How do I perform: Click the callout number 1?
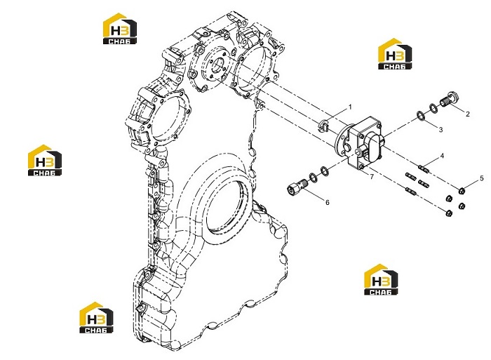(x=350, y=107)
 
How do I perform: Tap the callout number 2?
(x=468, y=114)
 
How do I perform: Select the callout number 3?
(x=440, y=129)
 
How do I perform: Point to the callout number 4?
(x=442, y=155)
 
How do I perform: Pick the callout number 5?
(x=482, y=178)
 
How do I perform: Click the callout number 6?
(x=328, y=202)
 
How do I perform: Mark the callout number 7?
(x=372, y=177)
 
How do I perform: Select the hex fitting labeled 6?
(x=296, y=187)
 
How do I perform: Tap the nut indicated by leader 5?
(x=462, y=190)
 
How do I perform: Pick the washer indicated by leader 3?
(x=421, y=116)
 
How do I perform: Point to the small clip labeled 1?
(x=323, y=126)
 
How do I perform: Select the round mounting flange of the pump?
(x=342, y=140)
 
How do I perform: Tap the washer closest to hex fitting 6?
(x=313, y=177)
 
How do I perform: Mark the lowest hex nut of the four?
(x=449, y=213)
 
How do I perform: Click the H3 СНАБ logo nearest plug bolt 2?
(x=394, y=54)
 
